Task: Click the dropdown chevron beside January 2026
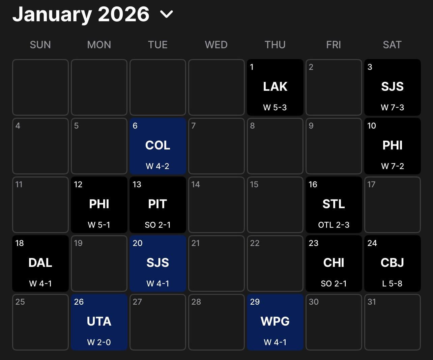[x=167, y=14]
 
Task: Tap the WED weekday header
[x=216, y=45]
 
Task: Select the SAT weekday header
[x=392, y=45]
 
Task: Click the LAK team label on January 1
[x=275, y=86]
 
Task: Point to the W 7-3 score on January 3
[x=392, y=107]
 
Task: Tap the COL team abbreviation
[x=157, y=145]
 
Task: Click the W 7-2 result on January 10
[x=392, y=166]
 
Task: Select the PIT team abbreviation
[x=157, y=204]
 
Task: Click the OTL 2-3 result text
[x=334, y=225]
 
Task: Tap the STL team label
[x=334, y=204]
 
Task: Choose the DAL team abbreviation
[x=40, y=262]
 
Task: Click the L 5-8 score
[x=392, y=283]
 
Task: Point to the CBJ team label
[x=392, y=262]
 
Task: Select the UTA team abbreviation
[x=99, y=321]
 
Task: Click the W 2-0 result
[x=99, y=342]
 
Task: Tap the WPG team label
[x=275, y=321]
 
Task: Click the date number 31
[x=371, y=302]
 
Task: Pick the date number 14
[x=195, y=185]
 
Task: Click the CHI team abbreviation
[x=334, y=262]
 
